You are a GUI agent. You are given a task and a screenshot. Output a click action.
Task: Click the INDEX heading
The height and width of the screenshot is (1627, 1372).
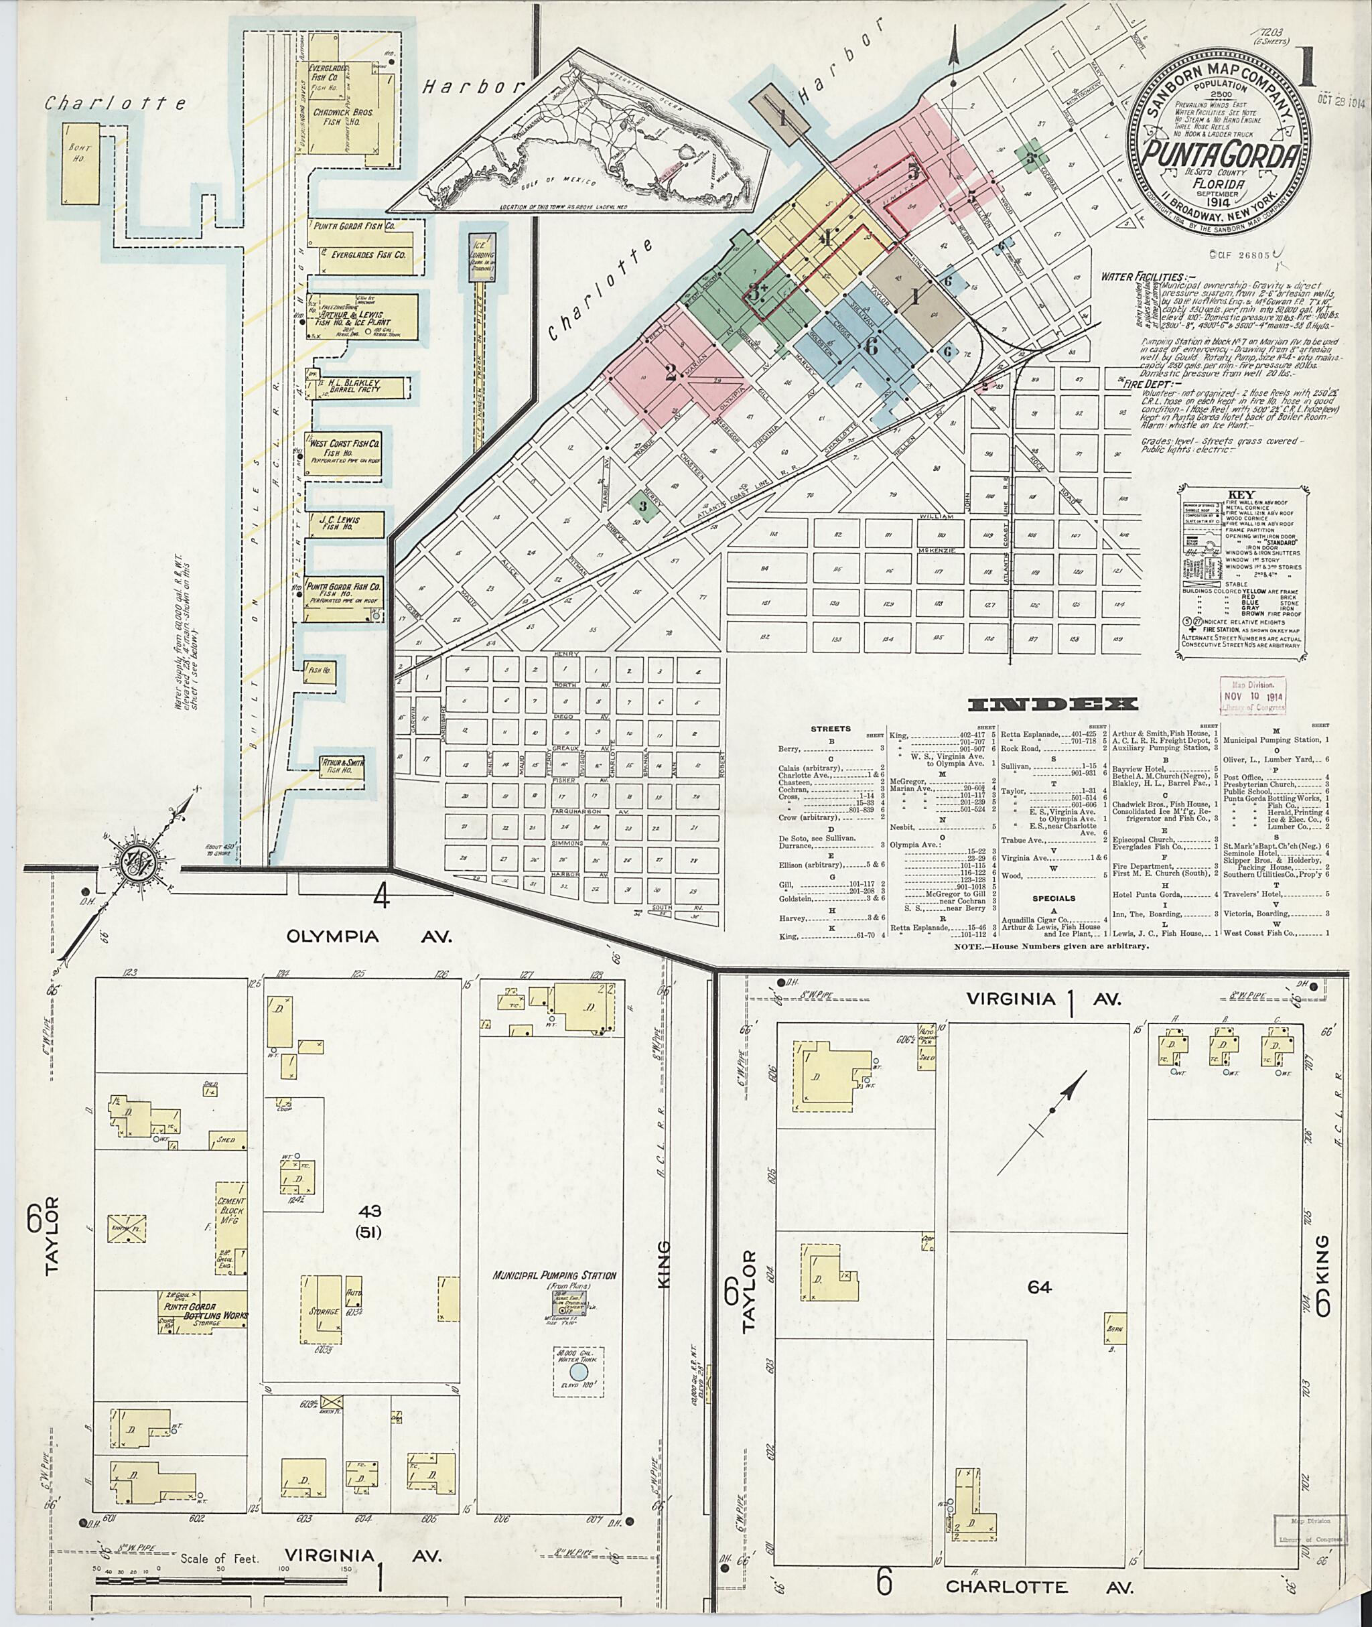[x=1052, y=705]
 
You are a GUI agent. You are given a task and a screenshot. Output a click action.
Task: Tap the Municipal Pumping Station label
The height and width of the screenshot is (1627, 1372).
[x=555, y=1275]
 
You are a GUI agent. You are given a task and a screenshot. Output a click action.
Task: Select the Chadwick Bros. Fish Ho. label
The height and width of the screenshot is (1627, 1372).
[x=343, y=118]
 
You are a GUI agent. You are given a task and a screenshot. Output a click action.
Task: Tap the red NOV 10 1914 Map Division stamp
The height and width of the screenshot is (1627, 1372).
[x=1251, y=695]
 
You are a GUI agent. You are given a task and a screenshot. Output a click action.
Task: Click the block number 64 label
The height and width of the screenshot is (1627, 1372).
[x=1038, y=1287]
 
